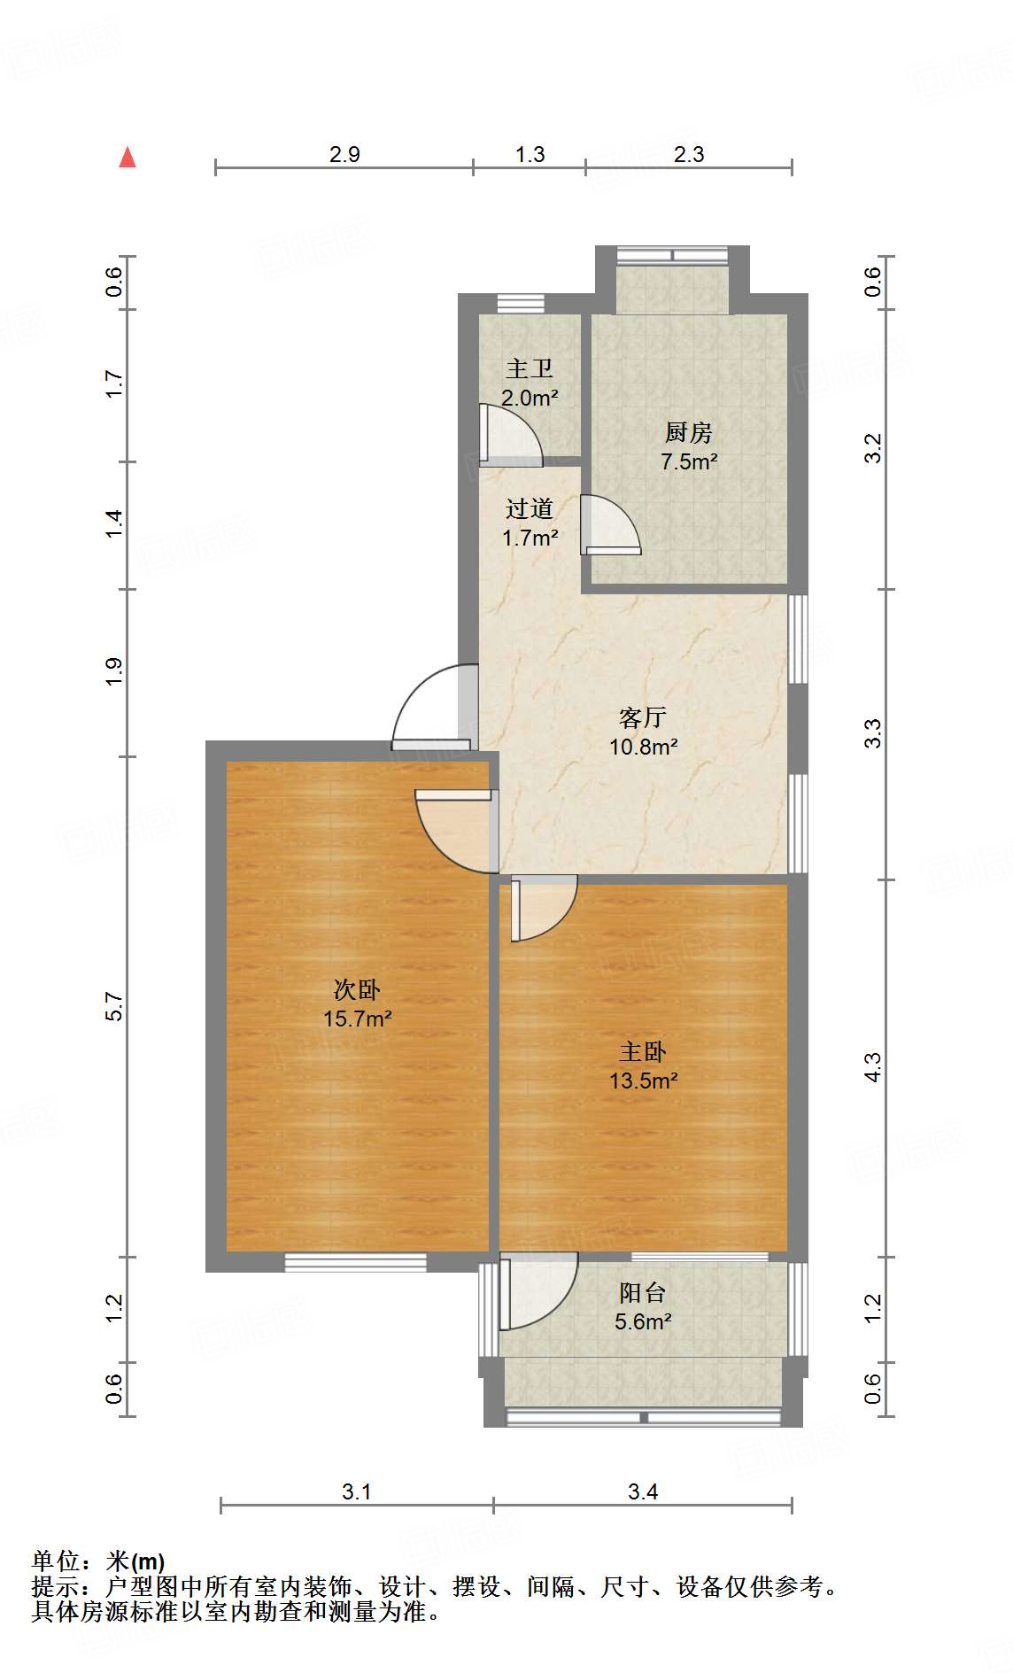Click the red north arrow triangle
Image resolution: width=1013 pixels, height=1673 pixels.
tap(128, 158)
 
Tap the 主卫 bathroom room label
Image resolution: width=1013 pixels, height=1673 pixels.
tap(530, 368)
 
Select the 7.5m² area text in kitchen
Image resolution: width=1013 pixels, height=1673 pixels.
tap(688, 461)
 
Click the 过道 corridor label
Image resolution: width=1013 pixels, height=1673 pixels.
tap(530, 508)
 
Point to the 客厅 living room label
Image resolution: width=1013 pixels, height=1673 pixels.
tap(643, 716)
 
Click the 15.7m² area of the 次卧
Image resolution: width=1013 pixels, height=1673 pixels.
tap(357, 1019)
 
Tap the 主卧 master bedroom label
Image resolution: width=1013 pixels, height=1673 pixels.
tap(643, 1051)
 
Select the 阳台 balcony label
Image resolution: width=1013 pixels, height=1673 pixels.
tap(643, 1292)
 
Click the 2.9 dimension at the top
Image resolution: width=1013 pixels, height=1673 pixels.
tap(344, 154)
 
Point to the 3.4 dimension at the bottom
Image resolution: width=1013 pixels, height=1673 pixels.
tap(643, 1491)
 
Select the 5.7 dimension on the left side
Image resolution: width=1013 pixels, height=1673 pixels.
tap(113, 1006)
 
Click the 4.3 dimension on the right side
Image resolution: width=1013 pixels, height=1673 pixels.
tap(873, 1067)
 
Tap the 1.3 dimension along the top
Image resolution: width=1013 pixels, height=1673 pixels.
tap(530, 154)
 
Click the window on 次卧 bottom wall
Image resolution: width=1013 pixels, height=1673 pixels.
tap(355, 1262)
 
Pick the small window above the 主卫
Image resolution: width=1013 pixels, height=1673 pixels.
tap(520, 304)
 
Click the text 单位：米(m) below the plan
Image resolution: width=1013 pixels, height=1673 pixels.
tap(98, 1561)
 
